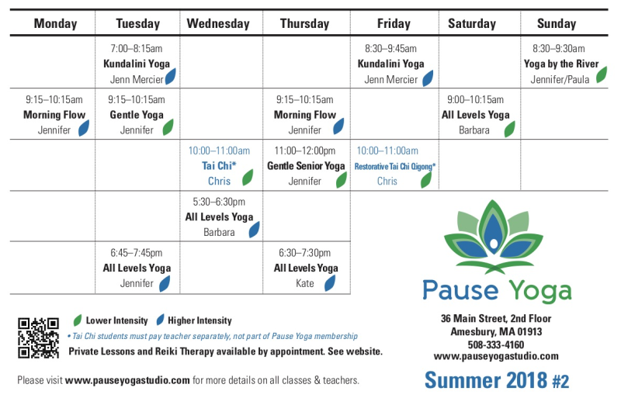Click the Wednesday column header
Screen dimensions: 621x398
click(x=218, y=24)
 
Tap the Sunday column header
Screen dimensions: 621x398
click(x=557, y=24)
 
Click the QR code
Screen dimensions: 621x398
click(x=38, y=337)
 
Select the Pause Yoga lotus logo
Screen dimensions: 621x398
click(x=494, y=237)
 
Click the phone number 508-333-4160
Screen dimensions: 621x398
click(x=496, y=344)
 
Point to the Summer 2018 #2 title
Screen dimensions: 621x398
click(x=497, y=380)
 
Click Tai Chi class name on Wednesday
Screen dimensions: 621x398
click(x=219, y=165)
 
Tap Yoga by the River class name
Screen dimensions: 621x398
click(x=561, y=64)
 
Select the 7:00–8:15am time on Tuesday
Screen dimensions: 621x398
click(x=137, y=49)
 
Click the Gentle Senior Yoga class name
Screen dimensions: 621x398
click(x=306, y=166)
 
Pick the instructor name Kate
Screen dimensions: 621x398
click(x=304, y=283)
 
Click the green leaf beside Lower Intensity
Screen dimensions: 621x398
click(x=78, y=320)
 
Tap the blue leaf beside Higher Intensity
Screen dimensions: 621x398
click(x=160, y=320)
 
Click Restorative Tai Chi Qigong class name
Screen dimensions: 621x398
click(x=394, y=166)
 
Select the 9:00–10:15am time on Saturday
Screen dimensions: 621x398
click(x=475, y=100)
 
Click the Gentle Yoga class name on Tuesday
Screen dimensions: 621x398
click(x=137, y=115)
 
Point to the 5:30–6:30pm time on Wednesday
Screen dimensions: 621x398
click(x=219, y=202)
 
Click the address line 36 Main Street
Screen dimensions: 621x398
click(x=496, y=318)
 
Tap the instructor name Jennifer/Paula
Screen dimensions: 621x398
click(x=560, y=80)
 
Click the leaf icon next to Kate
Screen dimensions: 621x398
click(x=330, y=282)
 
